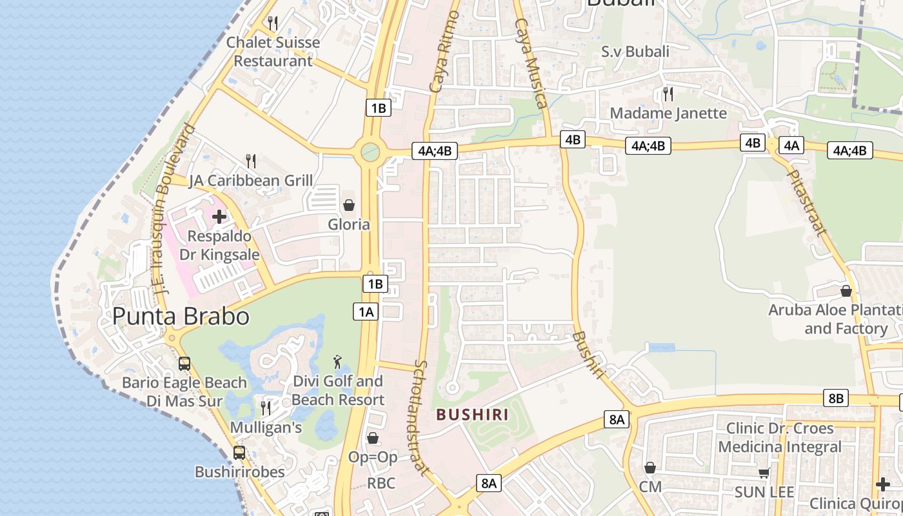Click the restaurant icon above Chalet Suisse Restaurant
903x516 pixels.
[273, 23]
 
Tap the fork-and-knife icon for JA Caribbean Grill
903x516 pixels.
[251, 161]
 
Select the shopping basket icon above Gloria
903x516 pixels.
[349, 205]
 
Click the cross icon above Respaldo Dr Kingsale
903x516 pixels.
[219, 216]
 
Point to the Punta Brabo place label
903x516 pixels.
[181, 316]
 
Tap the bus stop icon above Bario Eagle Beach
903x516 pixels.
[184, 363]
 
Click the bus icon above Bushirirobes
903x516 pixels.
[239, 453]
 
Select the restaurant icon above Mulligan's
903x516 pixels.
[265, 408]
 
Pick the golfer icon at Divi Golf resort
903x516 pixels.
[337, 362]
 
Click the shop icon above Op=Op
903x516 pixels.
[373, 438]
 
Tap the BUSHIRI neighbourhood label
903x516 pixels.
[472, 415]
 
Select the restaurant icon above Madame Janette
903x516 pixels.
[668, 94]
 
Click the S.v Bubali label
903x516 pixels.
[635, 52]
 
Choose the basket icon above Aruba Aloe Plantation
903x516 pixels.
[846, 291]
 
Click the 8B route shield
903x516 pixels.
[835, 399]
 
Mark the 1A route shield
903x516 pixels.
[366, 312]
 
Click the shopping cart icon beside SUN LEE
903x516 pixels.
[764, 473]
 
